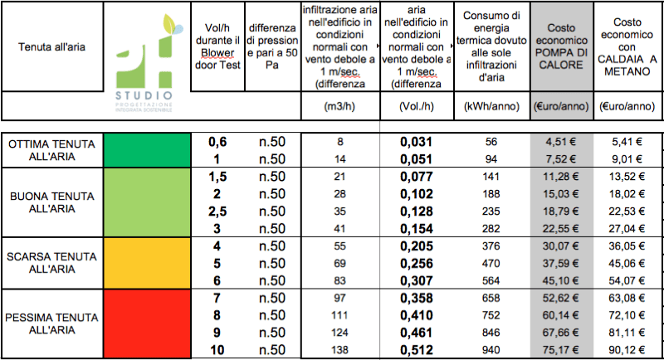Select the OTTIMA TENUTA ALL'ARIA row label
(x=51, y=150)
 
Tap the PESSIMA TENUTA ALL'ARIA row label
(x=51, y=324)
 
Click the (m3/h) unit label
(x=340, y=106)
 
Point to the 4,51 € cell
(x=561, y=142)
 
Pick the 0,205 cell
(x=417, y=247)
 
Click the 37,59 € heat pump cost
(x=561, y=263)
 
